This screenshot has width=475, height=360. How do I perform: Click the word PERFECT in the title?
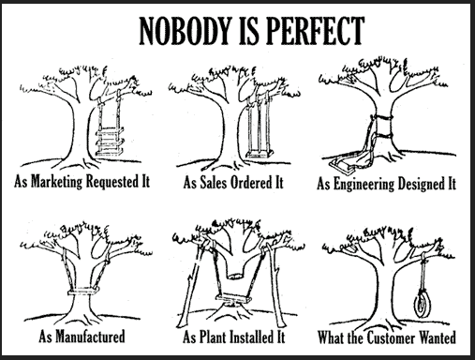tap(316, 31)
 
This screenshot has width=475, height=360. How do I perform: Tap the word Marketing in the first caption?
tap(57, 182)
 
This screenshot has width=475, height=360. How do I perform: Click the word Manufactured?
tap(90, 337)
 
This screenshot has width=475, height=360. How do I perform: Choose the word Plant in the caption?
tap(213, 337)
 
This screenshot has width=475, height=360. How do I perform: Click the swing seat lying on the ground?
tap(342, 165)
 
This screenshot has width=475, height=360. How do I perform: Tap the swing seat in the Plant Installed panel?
tap(233, 299)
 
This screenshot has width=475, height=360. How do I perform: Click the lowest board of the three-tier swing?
tap(109, 152)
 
